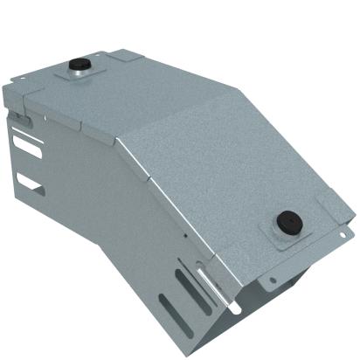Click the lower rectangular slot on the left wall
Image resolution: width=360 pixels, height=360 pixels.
(x=29, y=183)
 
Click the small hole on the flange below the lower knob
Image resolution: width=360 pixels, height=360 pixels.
(x=272, y=280)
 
